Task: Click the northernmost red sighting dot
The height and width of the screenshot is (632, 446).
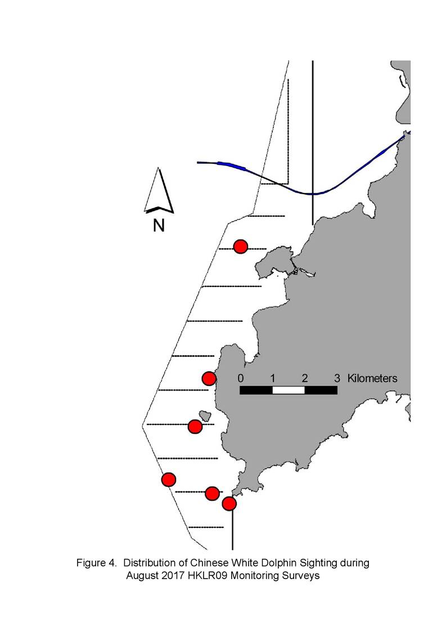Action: click(x=241, y=246)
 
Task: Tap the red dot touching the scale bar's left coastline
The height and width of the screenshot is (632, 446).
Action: click(x=209, y=379)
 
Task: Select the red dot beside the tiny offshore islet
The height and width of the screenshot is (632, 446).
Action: click(x=195, y=427)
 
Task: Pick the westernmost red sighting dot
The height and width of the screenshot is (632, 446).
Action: click(x=168, y=479)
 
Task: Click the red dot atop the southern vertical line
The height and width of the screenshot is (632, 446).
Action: click(x=229, y=504)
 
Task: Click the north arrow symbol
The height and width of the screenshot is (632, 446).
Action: click(x=159, y=191)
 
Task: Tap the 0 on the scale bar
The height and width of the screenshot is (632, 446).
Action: click(x=241, y=379)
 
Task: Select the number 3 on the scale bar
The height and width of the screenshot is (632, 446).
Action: click(x=337, y=379)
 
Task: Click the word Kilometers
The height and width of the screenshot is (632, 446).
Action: click(x=372, y=379)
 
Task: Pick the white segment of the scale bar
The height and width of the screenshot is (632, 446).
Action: click(x=289, y=390)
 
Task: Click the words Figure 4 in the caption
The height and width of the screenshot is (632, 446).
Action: click(x=96, y=563)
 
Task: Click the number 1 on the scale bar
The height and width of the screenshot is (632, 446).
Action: click(x=273, y=379)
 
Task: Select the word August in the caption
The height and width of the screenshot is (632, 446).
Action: click(x=143, y=576)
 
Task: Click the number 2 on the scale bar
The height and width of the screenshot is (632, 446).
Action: click(x=305, y=379)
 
